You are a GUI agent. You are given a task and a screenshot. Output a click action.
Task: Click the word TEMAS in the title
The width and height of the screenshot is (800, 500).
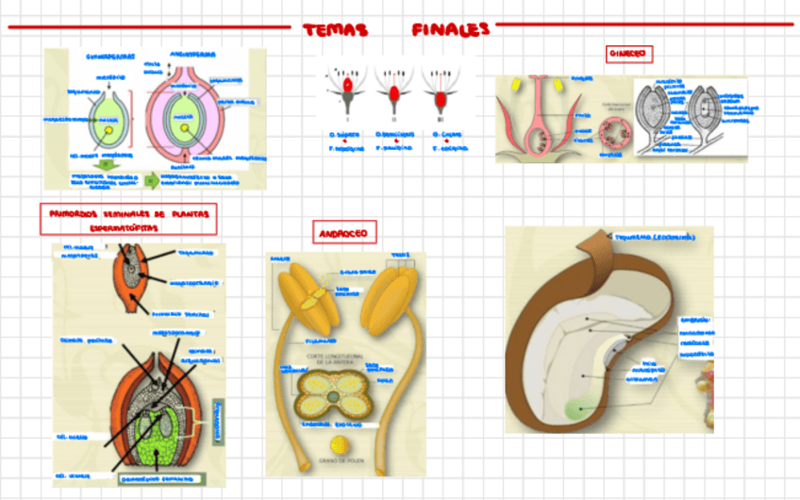pos(335,31)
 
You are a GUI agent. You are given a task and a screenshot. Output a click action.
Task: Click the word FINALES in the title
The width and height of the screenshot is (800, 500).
pos(451,30)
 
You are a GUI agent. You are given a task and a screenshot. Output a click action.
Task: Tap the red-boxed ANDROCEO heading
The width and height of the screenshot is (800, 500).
pos(344,233)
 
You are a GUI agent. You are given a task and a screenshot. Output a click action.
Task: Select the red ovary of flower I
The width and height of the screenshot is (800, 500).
pos(348,86)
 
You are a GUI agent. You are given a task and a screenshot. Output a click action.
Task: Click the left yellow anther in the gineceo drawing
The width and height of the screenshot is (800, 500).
pos(517,83)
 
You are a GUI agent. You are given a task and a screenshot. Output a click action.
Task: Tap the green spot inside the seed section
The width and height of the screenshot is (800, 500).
pos(574,408)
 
